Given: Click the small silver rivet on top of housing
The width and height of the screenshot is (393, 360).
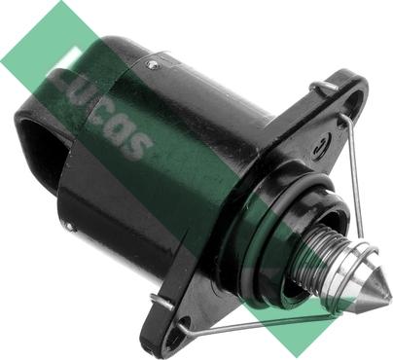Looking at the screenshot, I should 151,65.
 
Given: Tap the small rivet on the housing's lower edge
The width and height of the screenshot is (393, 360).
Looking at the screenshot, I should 69,226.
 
